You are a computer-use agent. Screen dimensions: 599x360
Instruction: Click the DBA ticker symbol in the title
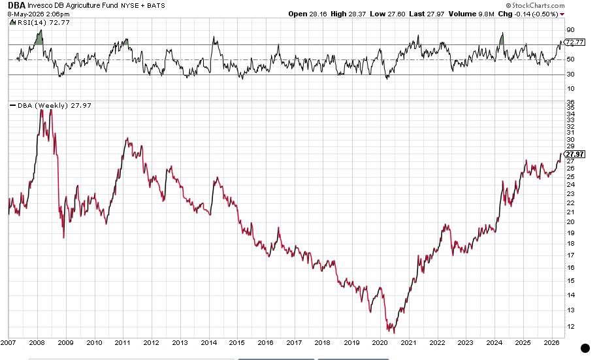pyautogui.click(x=16, y=5)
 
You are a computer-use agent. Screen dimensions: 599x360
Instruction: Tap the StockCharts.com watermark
pyautogui.click(x=535, y=5)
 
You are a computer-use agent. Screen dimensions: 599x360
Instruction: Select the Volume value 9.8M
pyautogui.click(x=486, y=14)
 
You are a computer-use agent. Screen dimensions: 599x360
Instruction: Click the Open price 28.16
pyautogui.click(x=318, y=14)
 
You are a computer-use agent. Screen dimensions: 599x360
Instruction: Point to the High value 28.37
pyautogui.click(x=357, y=14)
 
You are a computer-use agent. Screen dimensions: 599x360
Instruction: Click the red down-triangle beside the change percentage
pyautogui.click(x=562, y=14)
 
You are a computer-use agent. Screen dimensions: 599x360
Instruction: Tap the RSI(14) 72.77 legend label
pyautogui.click(x=43, y=23)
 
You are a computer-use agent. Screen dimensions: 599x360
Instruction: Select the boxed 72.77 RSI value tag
pyautogui.click(x=575, y=42)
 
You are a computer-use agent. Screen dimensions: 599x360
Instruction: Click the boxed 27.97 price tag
pyautogui.click(x=575, y=154)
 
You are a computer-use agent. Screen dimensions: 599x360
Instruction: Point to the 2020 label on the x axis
pyautogui.click(x=380, y=343)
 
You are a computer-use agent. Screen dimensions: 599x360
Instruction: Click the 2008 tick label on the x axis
pyautogui.click(x=37, y=343)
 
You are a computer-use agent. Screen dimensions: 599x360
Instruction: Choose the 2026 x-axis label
pyautogui.click(x=551, y=343)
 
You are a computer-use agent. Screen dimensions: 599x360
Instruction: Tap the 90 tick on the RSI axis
pyautogui.click(x=570, y=30)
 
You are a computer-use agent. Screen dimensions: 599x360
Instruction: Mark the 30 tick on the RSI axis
pyautogui.click(x=570, y=74)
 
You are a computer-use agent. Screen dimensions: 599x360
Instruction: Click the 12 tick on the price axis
pyautogui.click(x=570, y=327)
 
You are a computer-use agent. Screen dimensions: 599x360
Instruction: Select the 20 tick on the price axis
pyautogui.click(x=570, y=222)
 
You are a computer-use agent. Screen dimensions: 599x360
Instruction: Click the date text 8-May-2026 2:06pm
pyautogui.click(x=38, y=14)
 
